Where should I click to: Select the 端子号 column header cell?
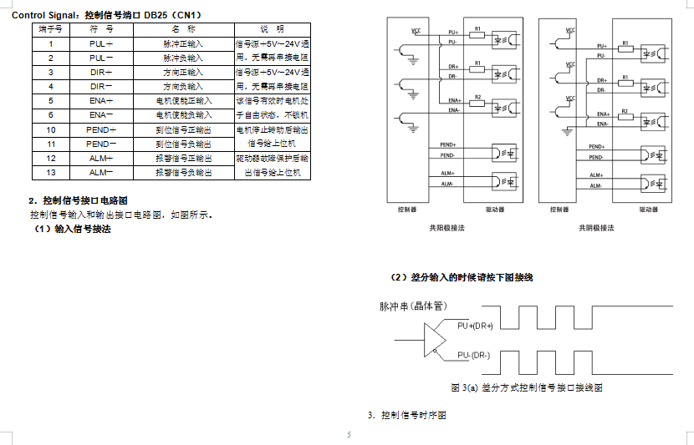point(50,28)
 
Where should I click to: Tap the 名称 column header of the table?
point(183,28)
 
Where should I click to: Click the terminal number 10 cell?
point(51,129)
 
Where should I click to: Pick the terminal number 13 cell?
point(51,172)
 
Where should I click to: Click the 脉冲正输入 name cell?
point(183,43)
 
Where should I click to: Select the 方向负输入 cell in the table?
point(183,86)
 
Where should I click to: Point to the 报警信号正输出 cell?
point(183,158)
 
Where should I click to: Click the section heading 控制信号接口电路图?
point(84,200)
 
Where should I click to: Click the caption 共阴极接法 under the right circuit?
point(597,227)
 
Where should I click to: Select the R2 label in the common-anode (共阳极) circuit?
point(477,97)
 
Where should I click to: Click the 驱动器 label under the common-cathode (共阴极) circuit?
point(649,210)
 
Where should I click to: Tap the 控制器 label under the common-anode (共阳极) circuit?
point(407,210)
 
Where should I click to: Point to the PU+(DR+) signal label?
point(475,326)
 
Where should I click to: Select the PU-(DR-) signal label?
point(473,356)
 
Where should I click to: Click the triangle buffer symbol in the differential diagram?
point(435,340)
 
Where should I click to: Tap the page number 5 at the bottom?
point(349,435)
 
